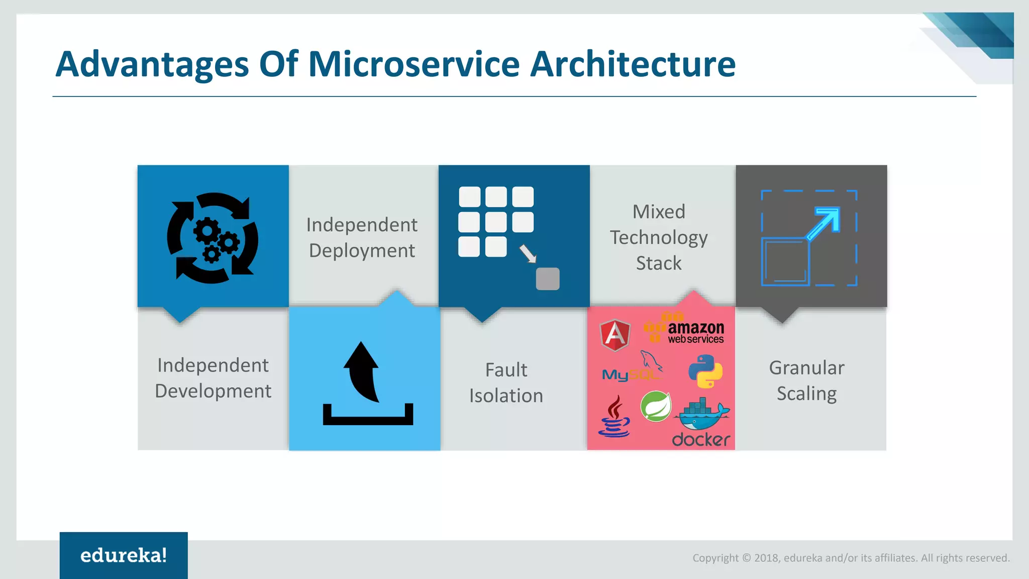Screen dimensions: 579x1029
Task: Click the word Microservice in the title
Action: click(413, 64)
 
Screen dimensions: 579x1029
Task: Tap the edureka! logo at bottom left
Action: click(124, 555)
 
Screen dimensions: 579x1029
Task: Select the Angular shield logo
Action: click(615, 335)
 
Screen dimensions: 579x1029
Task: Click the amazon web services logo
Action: click(686, 330)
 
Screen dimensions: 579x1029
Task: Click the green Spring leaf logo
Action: click(656, 406)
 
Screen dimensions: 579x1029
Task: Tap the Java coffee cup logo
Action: click(614, 416)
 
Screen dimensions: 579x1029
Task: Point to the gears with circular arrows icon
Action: click(213, 238)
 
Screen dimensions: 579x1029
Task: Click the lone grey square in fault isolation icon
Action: click(548, 279)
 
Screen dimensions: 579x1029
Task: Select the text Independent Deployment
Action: click(362, 237)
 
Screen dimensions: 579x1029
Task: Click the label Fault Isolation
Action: click(506, 382)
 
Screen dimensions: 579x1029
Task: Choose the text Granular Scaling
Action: click(806, 380)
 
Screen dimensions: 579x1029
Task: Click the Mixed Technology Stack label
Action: click(659, 237)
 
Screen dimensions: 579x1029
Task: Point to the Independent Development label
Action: click(213, 378)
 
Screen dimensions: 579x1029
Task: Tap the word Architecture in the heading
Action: click(633, 64)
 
